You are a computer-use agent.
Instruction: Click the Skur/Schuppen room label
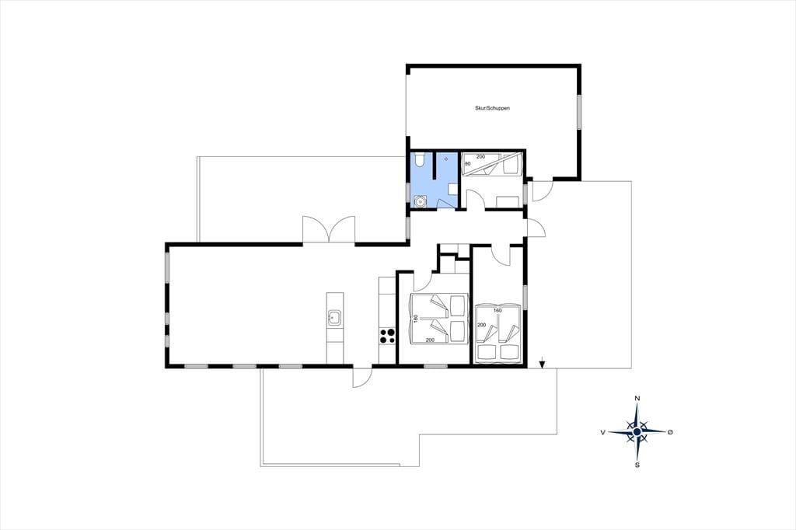pyautogui.click(x=492, y=108)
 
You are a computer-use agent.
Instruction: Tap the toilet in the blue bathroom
pyautogui.click(x=419, y=161)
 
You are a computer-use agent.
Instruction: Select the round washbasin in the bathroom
pyautogui.click(x=421, y=201)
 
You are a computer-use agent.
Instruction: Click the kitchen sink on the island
pyautogui.click(x=334, y=318)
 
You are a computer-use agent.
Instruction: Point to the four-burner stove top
pyautogui.click(x=387, y=336)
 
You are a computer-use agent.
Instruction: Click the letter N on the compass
pyautogui.click(x=637, y=399)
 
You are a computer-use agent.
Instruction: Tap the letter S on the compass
pyautogui.click(x=637, y=465)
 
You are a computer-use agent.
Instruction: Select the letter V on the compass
pyautogui.click(x=602, y=432)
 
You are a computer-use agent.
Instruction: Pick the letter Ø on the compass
pyautogui.click(x=670, y=432)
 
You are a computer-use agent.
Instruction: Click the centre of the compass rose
pyautogui.click(x=637, y=431)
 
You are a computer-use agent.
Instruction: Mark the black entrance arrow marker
pyautogui.click(x=542, y=364)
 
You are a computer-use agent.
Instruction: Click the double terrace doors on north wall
pyautogui.click(x=329, y=230)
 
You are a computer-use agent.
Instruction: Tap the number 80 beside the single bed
pyautogui.click(x=467, y=163)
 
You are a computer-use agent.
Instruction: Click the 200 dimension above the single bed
pyautogui.click(x=480, y=156)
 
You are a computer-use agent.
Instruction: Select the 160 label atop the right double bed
pyautogui.click(x=497, y=310)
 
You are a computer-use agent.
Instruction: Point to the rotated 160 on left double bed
pyautogui.click(x=416, y=319)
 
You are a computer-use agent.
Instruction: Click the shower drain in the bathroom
pyautogui.click(x=446, y=159)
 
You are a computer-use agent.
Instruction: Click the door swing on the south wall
pyautogui.click(x=362, y=377)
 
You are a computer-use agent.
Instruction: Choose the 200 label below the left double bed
pyautogui.click(x=430, y=340)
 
